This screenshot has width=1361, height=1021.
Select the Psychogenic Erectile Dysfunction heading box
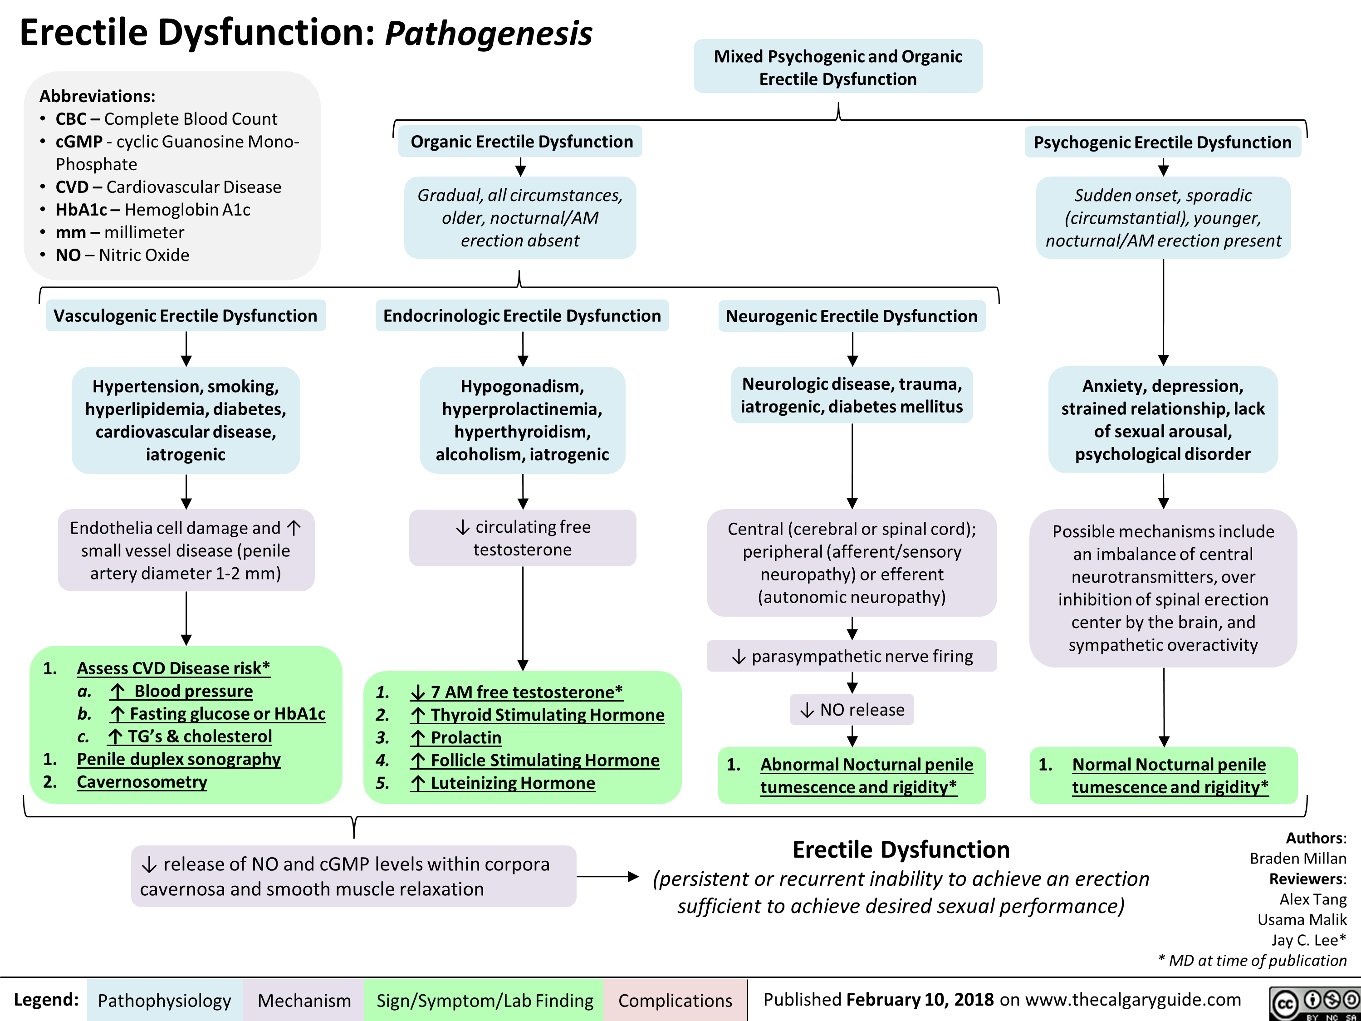coord(1162,142)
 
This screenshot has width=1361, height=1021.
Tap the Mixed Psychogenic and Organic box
coord(837,67)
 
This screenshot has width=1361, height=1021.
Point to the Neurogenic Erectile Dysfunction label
coord(851,316)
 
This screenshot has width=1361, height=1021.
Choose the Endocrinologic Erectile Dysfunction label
coord(522,316)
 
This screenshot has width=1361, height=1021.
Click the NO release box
coord(852,710)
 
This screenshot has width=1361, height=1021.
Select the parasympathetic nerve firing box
coord(852,656)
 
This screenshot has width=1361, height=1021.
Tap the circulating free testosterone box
coord(522,538)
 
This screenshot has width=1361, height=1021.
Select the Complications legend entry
coord(675,1000)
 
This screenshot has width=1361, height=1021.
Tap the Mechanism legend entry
coord(304,1000)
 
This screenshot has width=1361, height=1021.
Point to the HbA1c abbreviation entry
coord(152,210)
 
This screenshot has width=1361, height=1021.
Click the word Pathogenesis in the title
coord(488,33)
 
